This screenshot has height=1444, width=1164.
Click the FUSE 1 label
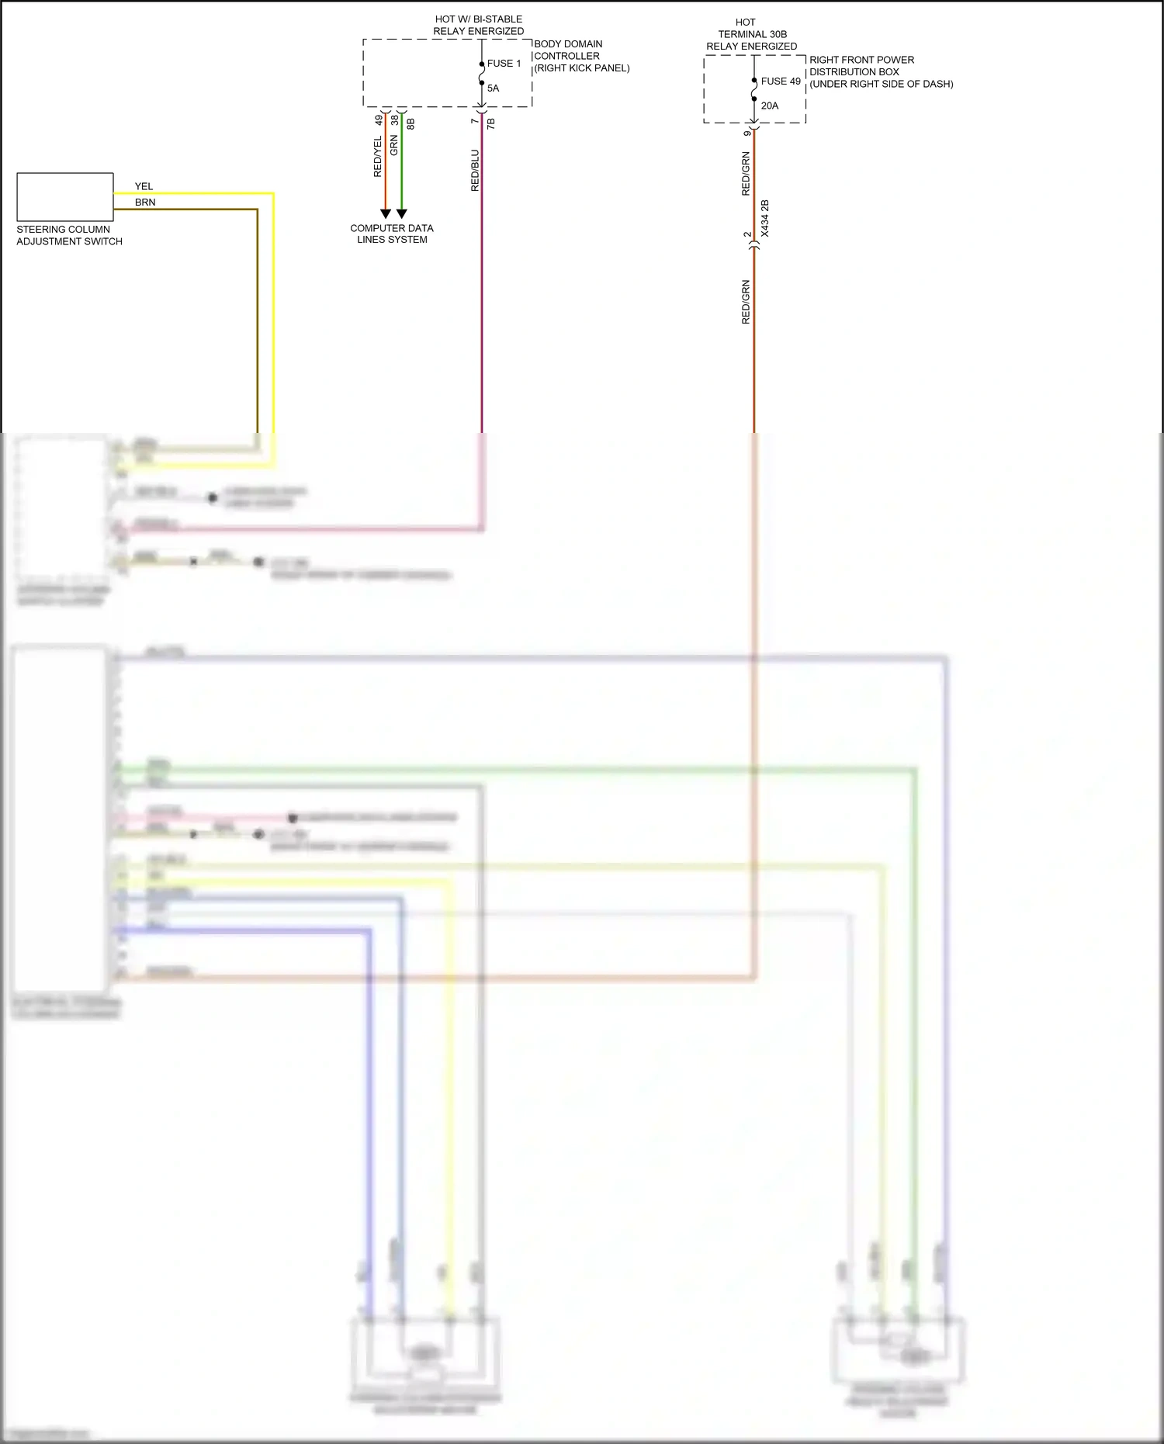(x=504, y=64)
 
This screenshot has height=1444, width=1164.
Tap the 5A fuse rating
(x=493, y=88)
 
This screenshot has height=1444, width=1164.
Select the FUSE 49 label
(x=780, y=81)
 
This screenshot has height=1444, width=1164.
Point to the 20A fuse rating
(x=769, y=106)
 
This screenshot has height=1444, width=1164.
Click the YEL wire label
(x=144, y=187)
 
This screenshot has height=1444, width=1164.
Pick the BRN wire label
(x=145, y=203)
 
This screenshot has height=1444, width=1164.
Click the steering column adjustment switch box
(x=65, y=197)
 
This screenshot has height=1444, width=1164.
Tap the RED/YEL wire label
(x=378, y=157)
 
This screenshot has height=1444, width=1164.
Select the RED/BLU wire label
(x=475, y=171)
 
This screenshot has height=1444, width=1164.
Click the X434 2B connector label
(x=765, y=219)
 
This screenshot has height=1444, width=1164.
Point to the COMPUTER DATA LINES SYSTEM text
(x=392, y=234)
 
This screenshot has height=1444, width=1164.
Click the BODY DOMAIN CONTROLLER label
(x=581, y=56)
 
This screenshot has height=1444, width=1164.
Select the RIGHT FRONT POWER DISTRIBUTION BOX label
(x=881, y=72)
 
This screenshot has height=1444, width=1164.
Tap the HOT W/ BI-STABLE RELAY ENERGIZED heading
(x=478, y=25)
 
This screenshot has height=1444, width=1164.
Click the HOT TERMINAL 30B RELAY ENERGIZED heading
(x=751, y=34)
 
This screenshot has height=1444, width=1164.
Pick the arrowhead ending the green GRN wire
(x=402, y=213)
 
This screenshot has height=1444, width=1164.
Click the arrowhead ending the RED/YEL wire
(x=386, y=213)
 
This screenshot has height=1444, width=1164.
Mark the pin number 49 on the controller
(x=379, y=120)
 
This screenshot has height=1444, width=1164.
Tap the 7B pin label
(x=490, y=123)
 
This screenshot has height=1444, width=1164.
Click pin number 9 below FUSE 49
(x=747, y=133)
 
